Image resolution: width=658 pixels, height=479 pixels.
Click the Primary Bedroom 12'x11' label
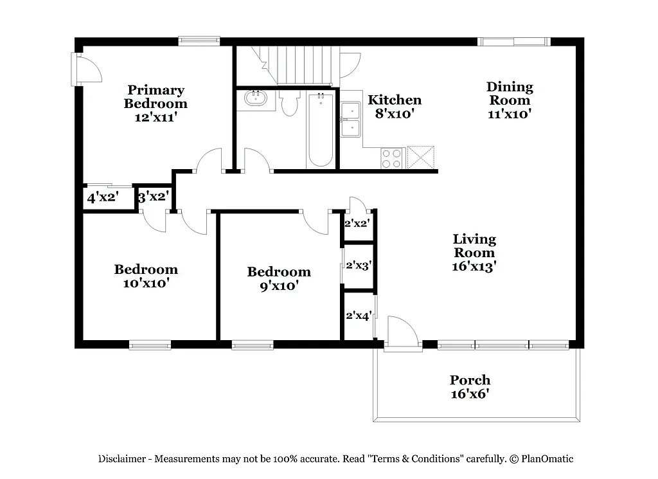156,104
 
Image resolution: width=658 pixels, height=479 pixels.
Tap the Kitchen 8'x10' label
395,107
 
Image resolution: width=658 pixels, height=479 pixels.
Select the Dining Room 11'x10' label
510,100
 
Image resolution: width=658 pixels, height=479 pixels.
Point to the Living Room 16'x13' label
475,253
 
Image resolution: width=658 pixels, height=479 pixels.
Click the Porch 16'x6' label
470,387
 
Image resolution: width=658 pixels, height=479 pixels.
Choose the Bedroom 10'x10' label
146,276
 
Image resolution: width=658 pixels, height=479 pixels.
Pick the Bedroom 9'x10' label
279,279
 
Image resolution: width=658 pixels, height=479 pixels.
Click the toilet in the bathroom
290,104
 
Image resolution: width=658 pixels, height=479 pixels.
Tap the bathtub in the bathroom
320,130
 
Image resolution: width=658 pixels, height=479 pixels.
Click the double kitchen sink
351,120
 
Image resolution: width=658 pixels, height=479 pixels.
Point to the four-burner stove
391,158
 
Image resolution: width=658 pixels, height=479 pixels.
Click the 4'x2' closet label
103,198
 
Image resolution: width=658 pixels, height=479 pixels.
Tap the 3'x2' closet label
154,197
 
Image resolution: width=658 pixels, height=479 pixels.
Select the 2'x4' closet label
359,316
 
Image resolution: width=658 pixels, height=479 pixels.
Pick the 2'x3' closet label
359,265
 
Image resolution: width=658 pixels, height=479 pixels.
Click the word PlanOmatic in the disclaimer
547,459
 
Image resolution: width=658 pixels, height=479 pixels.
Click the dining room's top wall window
514,42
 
